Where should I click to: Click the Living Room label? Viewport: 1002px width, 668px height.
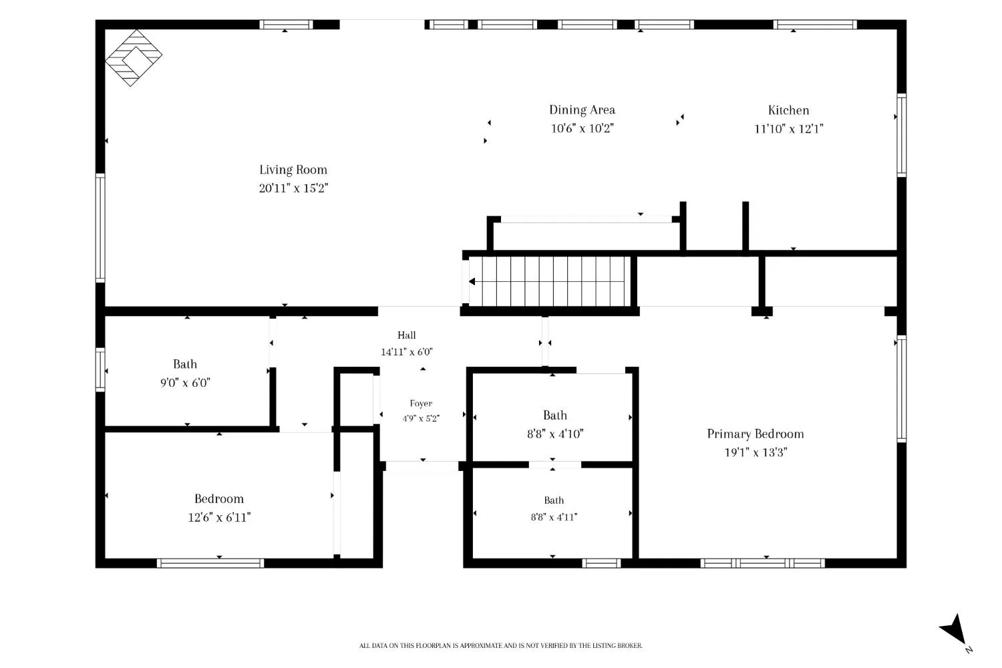[293, 170]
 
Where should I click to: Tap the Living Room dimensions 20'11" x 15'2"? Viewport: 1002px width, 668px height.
[293, 188]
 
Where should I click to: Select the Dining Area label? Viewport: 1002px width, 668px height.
[582, 110]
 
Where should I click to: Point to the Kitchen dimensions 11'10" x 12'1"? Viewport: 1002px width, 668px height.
[789, 129]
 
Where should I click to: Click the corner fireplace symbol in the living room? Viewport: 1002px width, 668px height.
[134, 57]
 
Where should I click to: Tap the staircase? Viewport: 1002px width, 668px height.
[549, 281]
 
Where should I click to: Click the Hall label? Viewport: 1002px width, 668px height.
[407, 335]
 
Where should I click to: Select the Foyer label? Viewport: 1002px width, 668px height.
[421, 403]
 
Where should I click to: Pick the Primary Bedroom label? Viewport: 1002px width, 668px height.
[756, 434]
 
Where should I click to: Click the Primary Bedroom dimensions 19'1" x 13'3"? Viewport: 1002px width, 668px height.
[756, 452]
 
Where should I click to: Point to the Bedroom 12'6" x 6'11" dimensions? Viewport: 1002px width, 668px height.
[219, 518]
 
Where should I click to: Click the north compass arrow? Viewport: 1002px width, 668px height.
[954, 630]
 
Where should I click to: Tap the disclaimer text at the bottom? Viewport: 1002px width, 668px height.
[500, 646]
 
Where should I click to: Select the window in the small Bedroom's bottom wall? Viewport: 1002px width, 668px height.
[210, 563]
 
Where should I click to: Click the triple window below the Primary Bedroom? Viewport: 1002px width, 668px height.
[762, 563]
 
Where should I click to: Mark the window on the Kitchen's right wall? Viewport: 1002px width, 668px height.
[902, 135]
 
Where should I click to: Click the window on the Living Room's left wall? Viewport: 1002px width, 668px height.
[100, 228]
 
